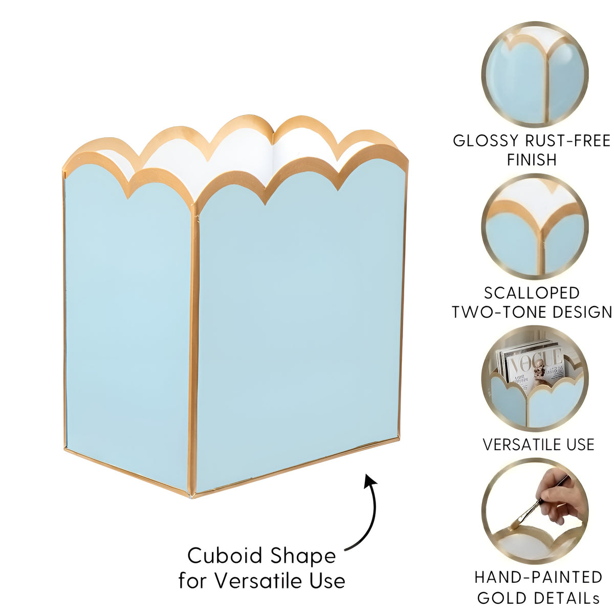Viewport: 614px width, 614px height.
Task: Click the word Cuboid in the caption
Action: (225, 556)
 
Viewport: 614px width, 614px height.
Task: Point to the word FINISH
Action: (532, 160)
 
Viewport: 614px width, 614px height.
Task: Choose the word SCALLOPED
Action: (532, 293)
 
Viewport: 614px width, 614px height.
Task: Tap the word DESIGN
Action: (582, 312)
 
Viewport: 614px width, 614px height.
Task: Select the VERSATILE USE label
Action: (538, 444)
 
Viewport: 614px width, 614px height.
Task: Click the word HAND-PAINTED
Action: (538, 577)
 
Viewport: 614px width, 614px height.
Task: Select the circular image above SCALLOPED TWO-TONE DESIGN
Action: (535, 227)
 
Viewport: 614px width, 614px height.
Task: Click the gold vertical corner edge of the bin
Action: (193, 350)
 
